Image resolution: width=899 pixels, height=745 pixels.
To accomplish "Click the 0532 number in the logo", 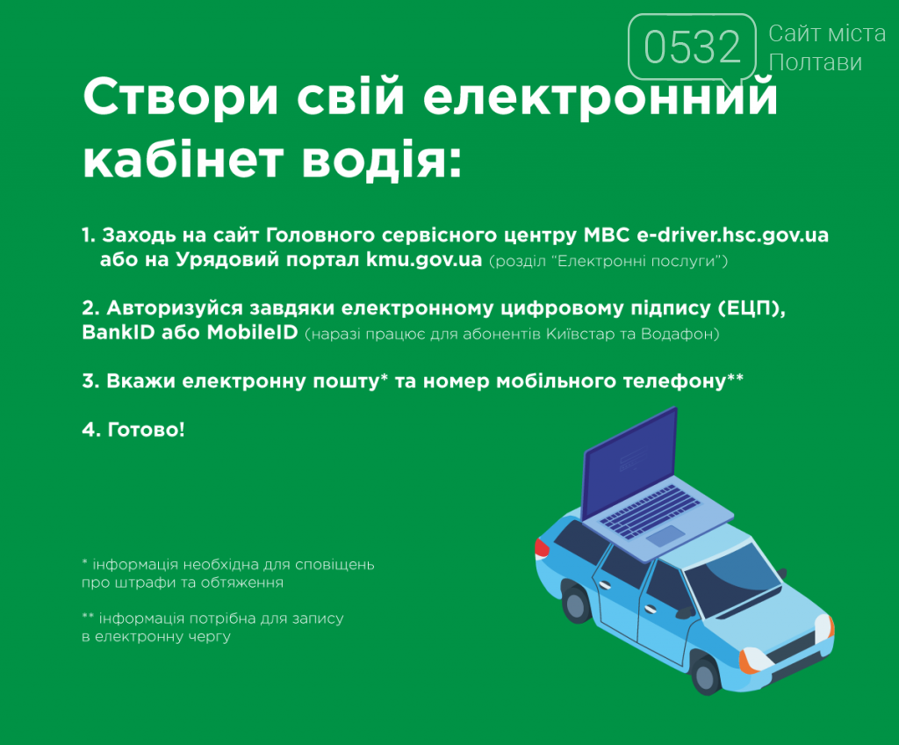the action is [693, 47].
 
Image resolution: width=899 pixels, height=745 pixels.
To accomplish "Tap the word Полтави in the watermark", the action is [816, 62].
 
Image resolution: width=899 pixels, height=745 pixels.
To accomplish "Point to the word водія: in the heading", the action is [381, 160].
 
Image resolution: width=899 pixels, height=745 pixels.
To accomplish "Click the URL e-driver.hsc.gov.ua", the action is [733, 235].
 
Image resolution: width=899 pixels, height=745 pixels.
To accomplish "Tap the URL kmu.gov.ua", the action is [424, 260].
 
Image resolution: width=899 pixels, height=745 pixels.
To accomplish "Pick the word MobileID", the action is [252, 332].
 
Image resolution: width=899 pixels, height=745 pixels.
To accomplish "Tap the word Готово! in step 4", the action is [147, 430].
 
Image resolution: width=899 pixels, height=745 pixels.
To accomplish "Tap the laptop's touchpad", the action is [665, 536].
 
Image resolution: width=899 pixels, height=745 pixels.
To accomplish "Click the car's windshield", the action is [733, 572].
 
